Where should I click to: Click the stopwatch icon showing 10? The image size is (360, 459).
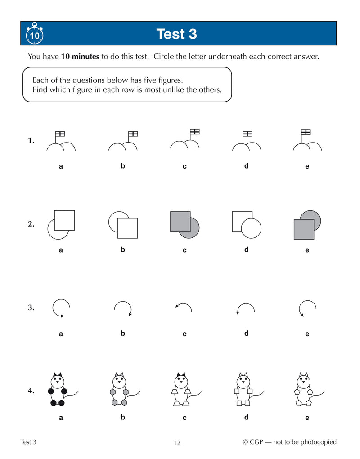34,34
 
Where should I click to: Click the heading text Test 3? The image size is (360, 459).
176,34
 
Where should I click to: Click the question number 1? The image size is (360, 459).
31,141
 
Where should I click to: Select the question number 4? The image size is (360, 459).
31,391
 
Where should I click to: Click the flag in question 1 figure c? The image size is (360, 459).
194,132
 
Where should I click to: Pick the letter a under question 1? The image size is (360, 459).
61,166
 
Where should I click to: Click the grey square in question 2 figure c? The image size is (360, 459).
180,221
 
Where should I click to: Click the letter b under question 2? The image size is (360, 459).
122,250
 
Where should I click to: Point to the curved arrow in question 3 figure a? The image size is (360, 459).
59,308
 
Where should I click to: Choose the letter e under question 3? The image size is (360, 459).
307,334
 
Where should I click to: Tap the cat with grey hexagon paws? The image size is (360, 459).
119,389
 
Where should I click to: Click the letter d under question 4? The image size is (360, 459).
246,417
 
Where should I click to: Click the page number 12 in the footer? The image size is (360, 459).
177,443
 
